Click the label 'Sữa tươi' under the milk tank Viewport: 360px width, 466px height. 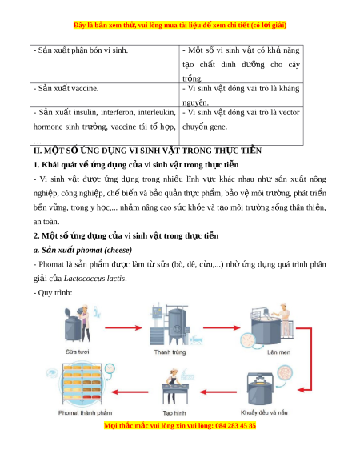point(78,352)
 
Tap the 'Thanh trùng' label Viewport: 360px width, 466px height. point(170,352)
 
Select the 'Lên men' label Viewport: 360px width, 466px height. point(278,352)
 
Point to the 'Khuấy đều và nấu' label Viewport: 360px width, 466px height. point(264,412)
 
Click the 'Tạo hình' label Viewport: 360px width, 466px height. point(174,413)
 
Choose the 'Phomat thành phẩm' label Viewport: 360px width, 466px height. point(86,413)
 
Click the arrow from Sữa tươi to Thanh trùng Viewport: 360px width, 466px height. point(123,327)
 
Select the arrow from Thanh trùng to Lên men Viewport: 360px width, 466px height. point(222,327)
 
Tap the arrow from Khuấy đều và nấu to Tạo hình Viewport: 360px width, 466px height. point(218,392)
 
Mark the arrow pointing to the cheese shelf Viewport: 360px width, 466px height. point(130,392)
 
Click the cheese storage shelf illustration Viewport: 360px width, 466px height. point(82,384)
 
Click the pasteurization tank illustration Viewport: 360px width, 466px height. point(177,324)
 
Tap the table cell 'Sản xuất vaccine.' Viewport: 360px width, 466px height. point(105,95)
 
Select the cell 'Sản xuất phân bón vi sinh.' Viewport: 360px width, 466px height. point(105,64)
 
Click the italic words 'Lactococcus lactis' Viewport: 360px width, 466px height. point(94,279)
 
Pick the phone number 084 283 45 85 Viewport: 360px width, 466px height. point(235,426)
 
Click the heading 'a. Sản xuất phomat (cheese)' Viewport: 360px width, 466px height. point(82,251)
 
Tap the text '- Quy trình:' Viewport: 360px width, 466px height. point(53,293)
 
